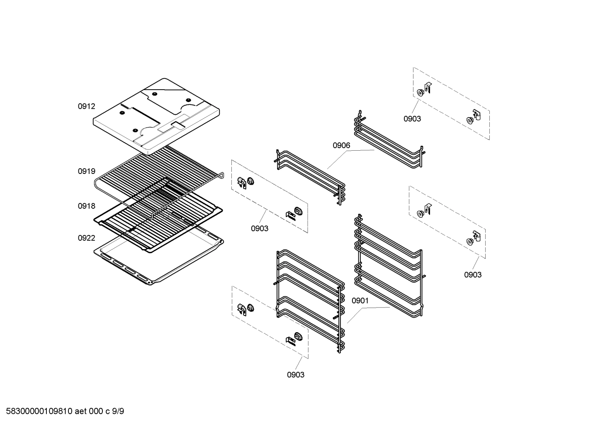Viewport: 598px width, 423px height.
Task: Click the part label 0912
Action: click(x=86, y=106)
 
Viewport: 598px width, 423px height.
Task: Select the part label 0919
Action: click(x=86, y=171)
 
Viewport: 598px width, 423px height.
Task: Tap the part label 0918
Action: click(x=86, y=206)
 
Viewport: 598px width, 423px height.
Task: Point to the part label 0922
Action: click(x=86, y=238)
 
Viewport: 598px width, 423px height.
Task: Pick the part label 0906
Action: click(x=341, y=145)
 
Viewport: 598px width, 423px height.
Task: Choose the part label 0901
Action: click(x=360, y=301)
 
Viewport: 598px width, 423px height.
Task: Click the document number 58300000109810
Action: click(x=39, y=411)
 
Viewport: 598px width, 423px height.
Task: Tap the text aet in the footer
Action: click(x=80, y=411)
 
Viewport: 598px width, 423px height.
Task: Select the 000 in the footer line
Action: click(x=96, y=411)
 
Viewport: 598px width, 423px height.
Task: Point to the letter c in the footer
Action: click(x=107, y=412)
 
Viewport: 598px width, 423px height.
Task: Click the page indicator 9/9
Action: click(x=118, y=411)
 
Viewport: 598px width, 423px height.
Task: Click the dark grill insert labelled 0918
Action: click(x=158, y=216)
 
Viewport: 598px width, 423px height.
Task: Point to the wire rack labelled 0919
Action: click(x=158, y=182)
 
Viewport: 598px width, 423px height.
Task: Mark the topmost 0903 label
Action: click(x=412, y=119)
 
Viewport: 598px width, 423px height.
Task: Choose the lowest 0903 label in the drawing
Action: click(x=296, y=375)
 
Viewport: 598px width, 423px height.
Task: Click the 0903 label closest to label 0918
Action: click(x=260, y=228)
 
